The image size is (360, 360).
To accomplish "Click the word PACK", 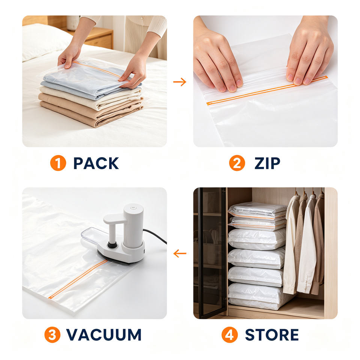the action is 96,163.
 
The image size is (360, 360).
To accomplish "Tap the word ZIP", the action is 267,163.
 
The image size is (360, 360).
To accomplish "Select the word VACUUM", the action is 104,335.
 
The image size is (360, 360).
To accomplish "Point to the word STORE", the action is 272,335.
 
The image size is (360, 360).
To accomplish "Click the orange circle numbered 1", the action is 58,163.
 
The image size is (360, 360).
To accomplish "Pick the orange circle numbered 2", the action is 237,163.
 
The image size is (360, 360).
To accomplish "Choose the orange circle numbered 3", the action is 52,335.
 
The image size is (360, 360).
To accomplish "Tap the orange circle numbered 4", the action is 229,335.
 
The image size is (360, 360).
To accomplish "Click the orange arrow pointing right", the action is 180,82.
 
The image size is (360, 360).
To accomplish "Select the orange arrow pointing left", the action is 180,254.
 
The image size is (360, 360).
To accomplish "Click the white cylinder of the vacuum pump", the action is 133,226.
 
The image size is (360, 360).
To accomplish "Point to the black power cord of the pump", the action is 155,236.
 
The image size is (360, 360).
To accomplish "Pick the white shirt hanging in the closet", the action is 307,243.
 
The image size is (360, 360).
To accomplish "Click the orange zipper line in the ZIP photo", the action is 267,90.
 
